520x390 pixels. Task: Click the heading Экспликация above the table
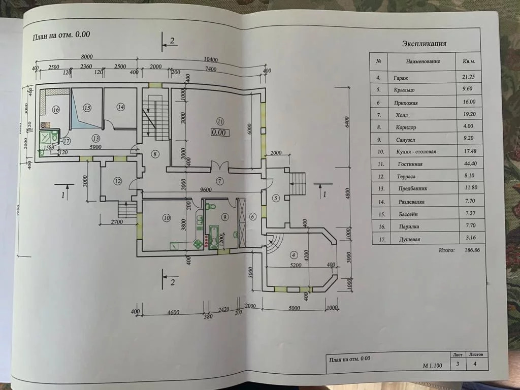[x=424, y=44]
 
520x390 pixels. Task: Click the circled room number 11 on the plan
[x=219, y=121]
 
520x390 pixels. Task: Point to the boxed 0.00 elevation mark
[x=219, y=133]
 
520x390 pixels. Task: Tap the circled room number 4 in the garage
[x=292, y=254]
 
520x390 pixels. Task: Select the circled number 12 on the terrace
[x=117, y=180]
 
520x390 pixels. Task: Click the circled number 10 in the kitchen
[x=166, y=218]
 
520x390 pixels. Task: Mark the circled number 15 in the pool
[x=87, y=108]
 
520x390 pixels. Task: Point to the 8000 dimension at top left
[x=88, y=57]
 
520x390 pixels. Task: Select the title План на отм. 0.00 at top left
[x=61, y=36]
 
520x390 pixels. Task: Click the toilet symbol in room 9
[x=212, y=206]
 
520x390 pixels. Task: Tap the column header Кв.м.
[x=469, y=61]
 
